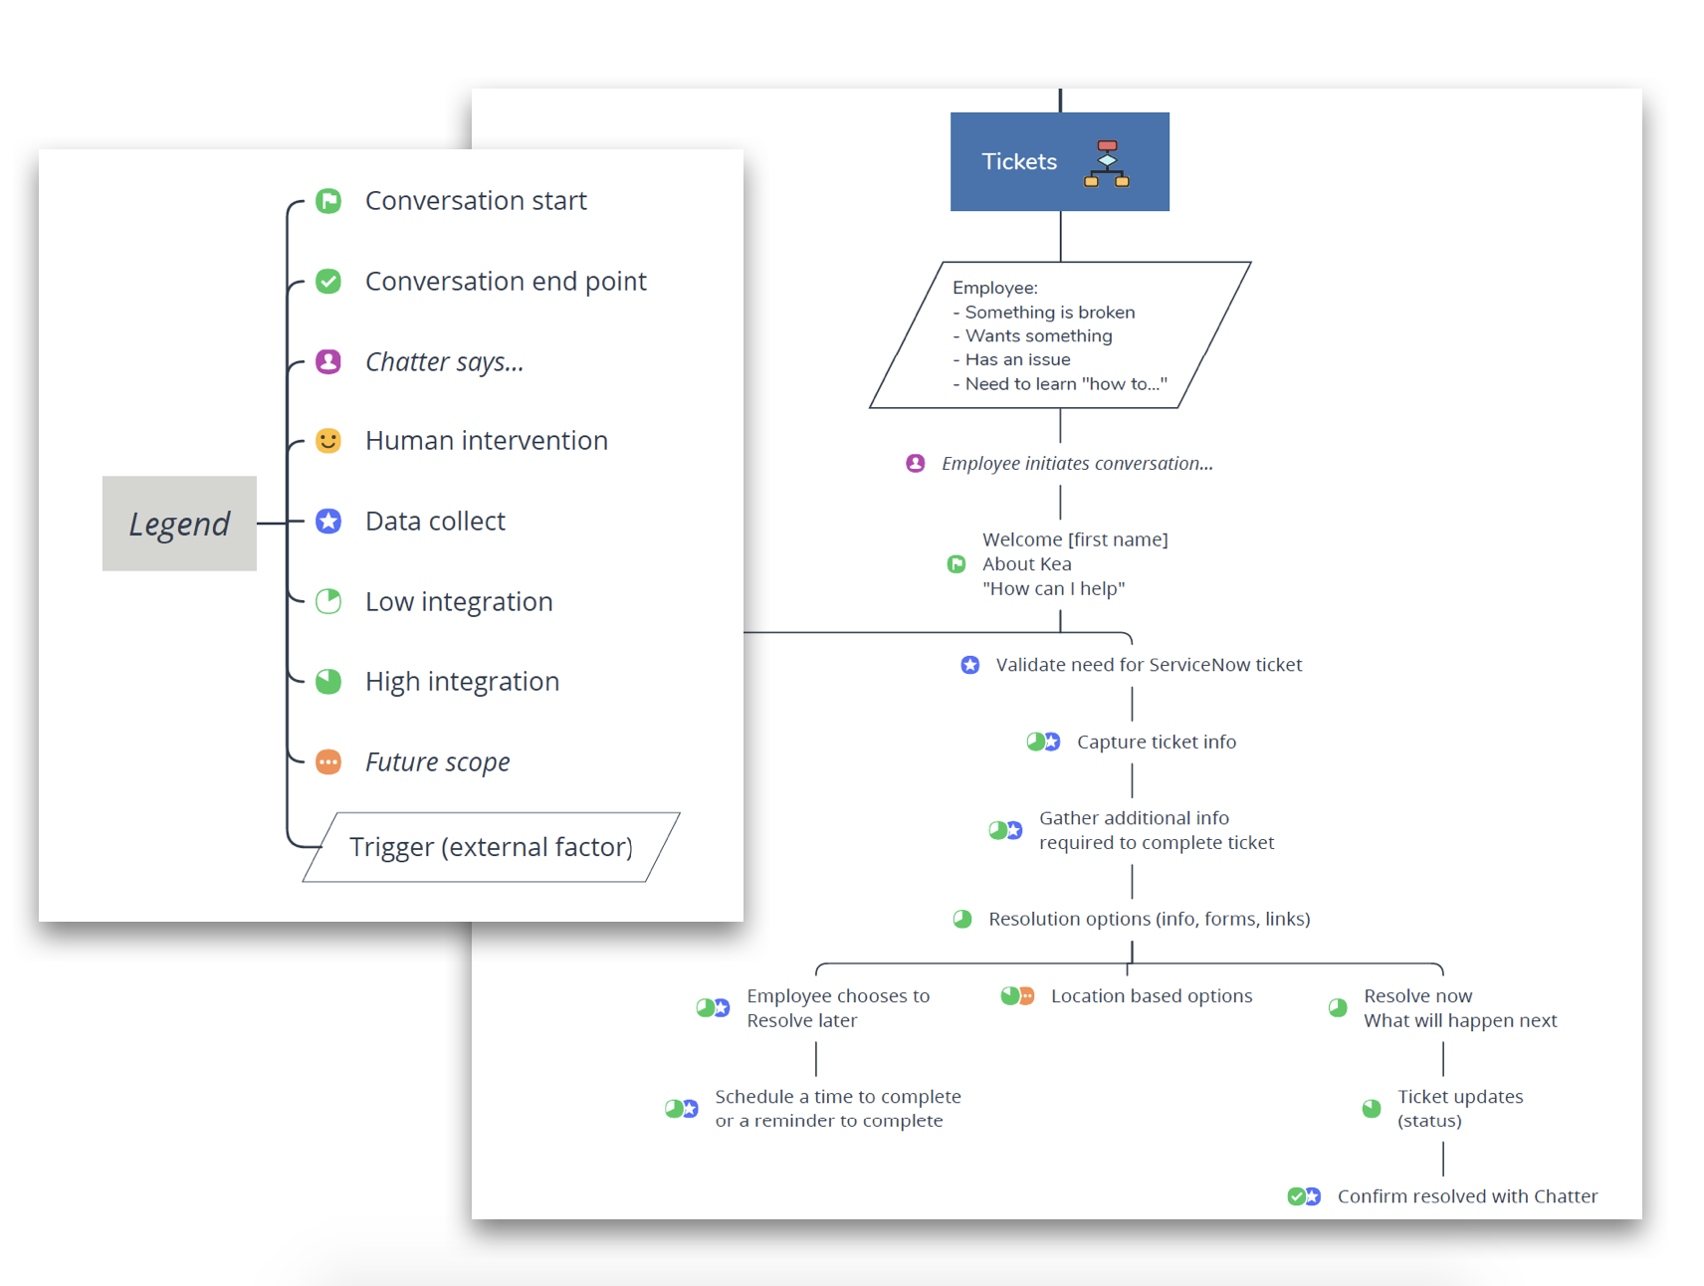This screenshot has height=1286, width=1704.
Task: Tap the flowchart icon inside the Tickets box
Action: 1107,163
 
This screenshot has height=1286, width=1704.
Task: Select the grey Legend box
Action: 179,524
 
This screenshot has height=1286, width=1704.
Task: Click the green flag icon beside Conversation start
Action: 328,201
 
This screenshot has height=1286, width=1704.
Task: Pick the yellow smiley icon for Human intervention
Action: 328,441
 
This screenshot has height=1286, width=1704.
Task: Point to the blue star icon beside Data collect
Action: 328,522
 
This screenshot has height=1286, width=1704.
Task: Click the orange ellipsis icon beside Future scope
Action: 328,762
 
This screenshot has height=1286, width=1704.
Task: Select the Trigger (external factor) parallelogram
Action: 491,847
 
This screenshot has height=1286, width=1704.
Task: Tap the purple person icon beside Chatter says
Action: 328,361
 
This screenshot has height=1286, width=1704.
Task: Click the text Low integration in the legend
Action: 458,602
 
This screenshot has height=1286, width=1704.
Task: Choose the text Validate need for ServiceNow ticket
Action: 1149,665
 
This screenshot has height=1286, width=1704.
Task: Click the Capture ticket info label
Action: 1156,743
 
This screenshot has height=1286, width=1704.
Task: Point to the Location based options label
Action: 1151,996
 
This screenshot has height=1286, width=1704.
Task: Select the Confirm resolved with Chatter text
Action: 1466,1196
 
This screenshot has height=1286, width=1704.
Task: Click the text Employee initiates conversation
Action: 1077,464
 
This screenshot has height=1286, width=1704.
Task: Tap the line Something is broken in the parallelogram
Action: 1049,313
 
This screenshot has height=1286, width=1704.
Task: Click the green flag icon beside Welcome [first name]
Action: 957,564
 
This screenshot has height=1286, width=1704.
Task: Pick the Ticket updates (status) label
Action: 1459,1109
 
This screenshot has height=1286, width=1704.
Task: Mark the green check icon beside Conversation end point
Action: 328,282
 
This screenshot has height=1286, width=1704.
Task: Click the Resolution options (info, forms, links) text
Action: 1149,920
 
